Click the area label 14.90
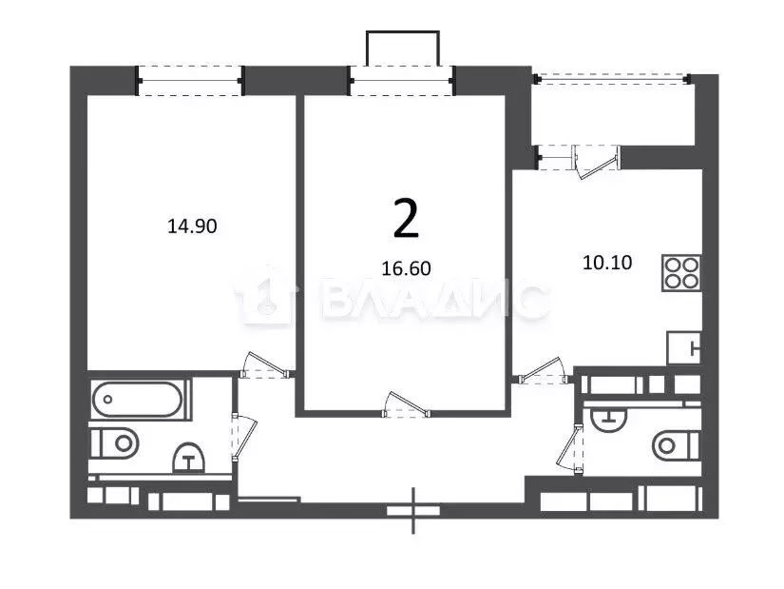click(x=192, y=226)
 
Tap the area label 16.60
click(x=406, y=269)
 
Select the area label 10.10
click(x=607, y=263)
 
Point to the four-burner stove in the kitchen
click(x=681, y=273)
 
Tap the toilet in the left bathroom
click(x=114, y=443)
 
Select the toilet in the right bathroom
click(x=676, y=444)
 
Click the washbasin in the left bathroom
click(x=188, y=458)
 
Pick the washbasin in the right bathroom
click(x=608, y=420)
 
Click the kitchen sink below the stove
click(x=683, y=347)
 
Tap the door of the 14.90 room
click(x=265, y=365)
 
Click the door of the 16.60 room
click(x=406, y=404)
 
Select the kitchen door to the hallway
click(x=543, y=371)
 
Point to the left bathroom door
click(x=244, y=437)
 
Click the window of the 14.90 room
click(x=190, y=81)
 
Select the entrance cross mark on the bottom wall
click(x=413, y=510)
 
